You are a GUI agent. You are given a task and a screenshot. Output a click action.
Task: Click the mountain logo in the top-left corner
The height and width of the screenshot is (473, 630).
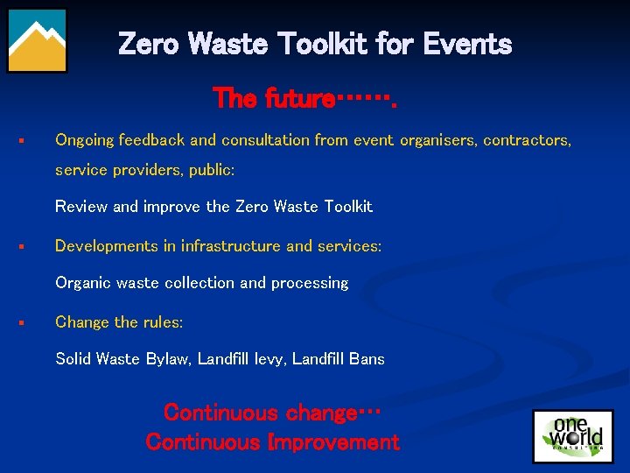coord(37,39)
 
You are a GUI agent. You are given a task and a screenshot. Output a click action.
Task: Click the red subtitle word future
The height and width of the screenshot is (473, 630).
coord(292,99)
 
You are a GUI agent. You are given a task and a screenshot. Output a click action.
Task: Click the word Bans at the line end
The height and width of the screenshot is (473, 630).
coord(365,358)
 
